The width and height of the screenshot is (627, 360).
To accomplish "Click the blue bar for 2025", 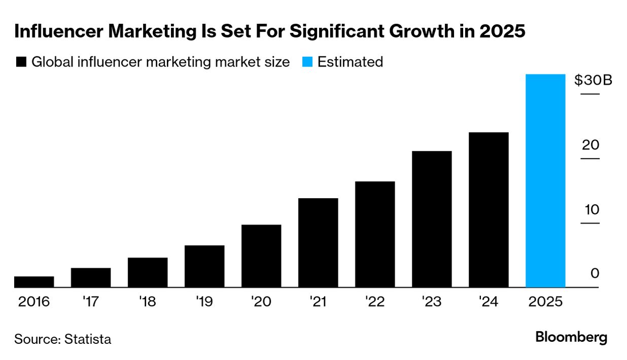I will [545, 181].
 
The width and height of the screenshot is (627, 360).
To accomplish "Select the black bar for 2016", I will [34, 282].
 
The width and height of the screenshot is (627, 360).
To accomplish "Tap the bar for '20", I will [261, 256].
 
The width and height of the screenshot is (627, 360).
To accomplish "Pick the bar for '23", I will [432, 219].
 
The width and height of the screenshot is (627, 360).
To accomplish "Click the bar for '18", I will [148, 272].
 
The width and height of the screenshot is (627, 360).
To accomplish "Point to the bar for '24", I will [489, 210].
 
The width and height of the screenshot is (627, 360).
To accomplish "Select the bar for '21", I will [318, 243].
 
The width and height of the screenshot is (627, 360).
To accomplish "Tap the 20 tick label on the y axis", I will [590, 145].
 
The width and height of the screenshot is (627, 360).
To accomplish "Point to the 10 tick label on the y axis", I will [590, 209].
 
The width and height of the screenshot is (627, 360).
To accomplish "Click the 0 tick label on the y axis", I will [595, 274].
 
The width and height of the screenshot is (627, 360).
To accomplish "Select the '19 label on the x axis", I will [204, 302].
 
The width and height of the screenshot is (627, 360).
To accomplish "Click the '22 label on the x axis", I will [375, 302].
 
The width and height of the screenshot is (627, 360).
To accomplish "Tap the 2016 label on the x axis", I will [34, 302].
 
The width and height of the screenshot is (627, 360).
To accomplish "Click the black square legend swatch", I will [21, 62].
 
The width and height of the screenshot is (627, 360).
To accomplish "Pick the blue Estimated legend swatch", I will [307, 62].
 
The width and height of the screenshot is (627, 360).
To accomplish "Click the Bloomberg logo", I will [571, 338].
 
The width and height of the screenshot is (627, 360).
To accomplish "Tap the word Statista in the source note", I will [88, 339].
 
